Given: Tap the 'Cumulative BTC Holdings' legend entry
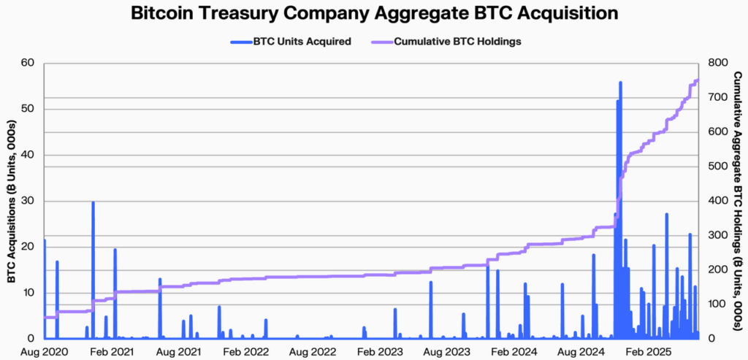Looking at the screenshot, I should coord(457,42).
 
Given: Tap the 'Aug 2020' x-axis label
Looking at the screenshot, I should coord(45,352).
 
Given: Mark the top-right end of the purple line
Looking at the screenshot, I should coord(698,80).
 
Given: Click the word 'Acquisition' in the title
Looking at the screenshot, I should coord(557,14).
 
